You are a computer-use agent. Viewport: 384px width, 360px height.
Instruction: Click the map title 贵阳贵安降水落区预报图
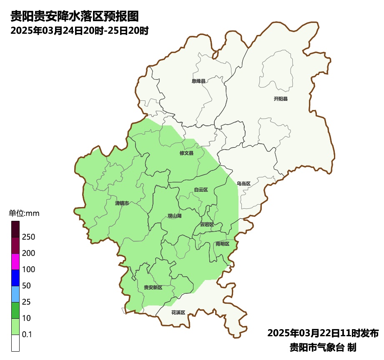[x=74, y=17]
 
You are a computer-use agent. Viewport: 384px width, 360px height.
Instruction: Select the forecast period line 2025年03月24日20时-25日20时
[x=80, y=30]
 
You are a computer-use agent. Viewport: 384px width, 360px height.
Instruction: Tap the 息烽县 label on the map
[x=198, y=81]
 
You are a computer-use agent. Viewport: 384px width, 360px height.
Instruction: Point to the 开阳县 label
[x=281, y=99]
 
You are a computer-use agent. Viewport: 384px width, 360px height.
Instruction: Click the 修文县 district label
[x=186, y=153]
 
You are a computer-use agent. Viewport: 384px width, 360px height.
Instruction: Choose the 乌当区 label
[x=243, y=183]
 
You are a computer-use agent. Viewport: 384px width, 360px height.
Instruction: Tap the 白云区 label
[x=201, y=190]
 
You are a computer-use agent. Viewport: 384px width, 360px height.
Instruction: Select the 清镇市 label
[x=122, y=203]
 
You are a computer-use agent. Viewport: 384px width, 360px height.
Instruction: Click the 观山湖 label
[x=174, y=216]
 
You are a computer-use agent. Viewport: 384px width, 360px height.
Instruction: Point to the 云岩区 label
[x=207, y=224]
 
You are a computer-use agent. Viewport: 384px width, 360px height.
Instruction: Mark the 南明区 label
[x=222, y=243]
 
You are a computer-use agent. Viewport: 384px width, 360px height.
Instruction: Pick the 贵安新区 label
[x=153, y=287]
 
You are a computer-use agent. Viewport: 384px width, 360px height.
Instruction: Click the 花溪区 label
[x=178, y=312]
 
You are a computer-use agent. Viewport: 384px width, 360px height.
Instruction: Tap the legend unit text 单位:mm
[x=24, y=213]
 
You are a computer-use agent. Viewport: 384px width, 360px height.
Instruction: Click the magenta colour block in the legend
[x=15, y=261]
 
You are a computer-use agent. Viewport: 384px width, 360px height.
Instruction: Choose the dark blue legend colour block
[x=15, y=277]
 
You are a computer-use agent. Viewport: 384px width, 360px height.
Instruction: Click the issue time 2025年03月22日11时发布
[x=323, y=333]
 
